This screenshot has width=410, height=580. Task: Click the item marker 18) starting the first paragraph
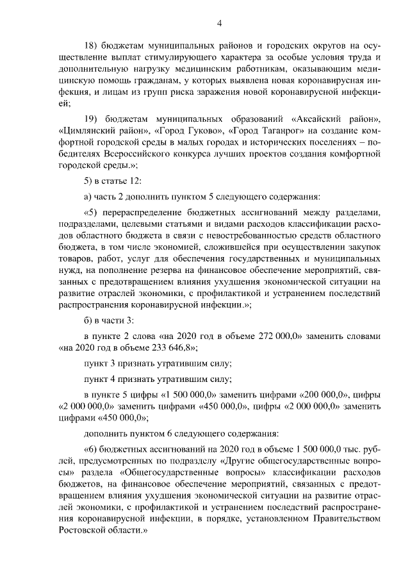[x=94, y=46]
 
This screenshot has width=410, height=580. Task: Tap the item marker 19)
[x=94, y=119]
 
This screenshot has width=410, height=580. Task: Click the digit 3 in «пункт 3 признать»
[x=113, y=364]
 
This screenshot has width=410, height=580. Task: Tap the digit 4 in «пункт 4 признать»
[x=113, y=379]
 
